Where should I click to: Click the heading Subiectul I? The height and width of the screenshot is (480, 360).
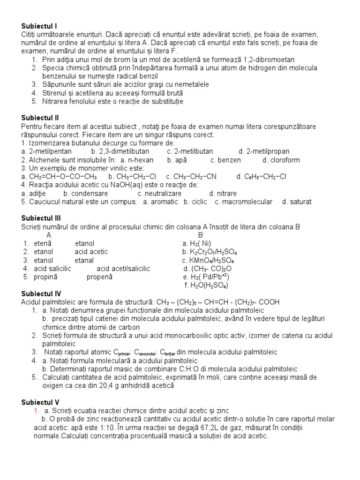click(x=39, y=26)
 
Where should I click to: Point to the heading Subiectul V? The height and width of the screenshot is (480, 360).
click(x=40, y=402)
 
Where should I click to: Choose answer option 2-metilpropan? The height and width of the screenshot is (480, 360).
click(x=264, y=151)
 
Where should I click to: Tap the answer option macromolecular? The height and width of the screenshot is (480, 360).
click(x=243, y=202)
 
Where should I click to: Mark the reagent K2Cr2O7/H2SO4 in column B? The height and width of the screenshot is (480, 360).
click(x=207, y=252)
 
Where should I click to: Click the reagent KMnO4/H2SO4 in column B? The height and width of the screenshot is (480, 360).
click(x=208, y=261)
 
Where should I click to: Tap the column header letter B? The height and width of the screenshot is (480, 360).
click(x=201, y=235)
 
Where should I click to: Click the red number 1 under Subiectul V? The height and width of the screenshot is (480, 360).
click(x=36, y=411)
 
